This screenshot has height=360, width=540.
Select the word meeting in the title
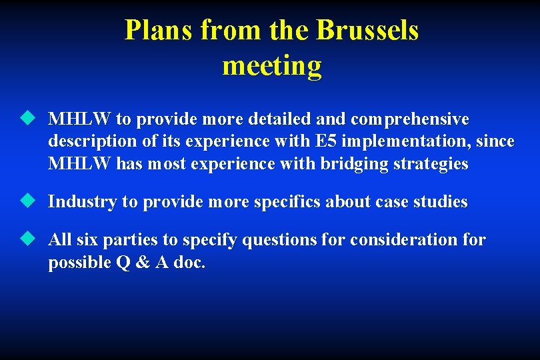point(271,66)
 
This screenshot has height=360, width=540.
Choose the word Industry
point(82,201)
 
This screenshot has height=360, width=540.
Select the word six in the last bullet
point(87,239)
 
